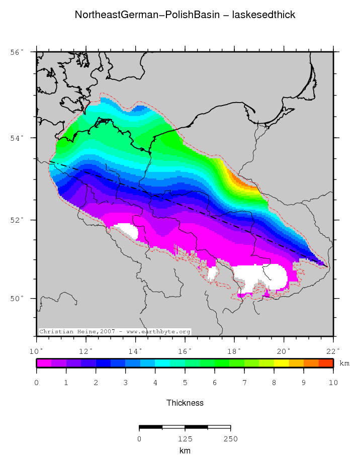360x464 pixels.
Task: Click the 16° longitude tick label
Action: click(185, 350)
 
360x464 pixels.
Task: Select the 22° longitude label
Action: click(333, 350)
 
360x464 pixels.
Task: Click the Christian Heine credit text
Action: click(115, 332)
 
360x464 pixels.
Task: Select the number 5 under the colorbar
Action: click(185, 383)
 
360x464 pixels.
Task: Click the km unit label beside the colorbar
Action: click(344, 363)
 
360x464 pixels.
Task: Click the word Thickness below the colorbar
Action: click(185, 403)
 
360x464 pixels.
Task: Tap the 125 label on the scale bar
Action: click(185, 439)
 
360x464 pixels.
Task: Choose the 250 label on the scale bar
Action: click(230, 439)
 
